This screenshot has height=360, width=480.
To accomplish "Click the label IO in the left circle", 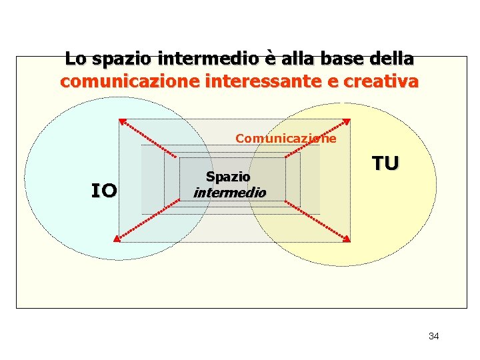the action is pos(104,191).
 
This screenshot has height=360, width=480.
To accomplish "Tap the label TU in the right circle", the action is pos(385,163).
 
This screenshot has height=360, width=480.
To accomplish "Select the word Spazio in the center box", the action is pos(228,177).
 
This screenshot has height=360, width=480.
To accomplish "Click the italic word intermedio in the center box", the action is pos(229,193).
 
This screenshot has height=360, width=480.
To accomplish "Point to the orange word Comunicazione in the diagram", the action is pos(286,139).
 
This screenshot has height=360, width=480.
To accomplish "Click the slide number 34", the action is pos(433,336).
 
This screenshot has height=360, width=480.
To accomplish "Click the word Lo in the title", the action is pos(75,59).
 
